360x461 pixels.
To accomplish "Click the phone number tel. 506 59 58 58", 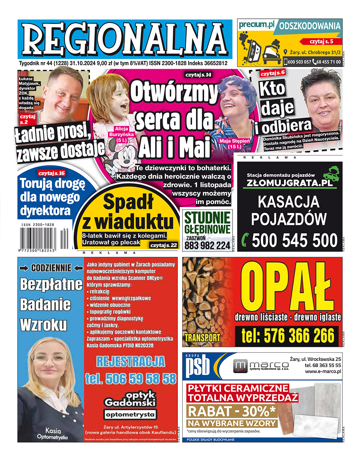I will (x=131, y=379).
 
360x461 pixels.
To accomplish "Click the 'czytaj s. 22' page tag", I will (x=164, y=245).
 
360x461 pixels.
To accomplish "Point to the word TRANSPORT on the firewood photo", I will (x=202, y=338).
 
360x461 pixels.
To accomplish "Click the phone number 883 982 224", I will (x=207, y=246).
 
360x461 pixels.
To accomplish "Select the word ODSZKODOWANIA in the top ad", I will (x=310, y=26).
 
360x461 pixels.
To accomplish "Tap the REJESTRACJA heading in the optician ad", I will (x=130, y=361).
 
